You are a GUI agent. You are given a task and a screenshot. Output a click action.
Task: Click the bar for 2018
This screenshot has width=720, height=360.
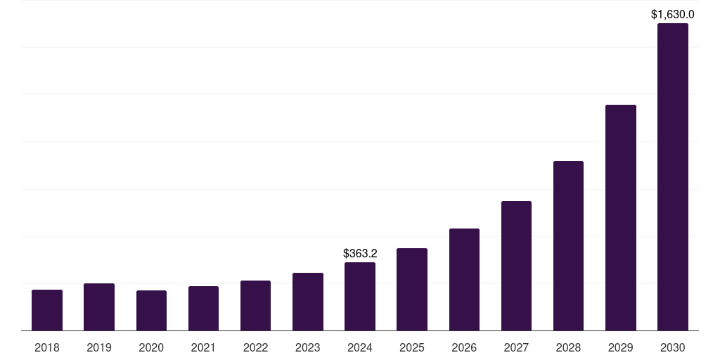(x=47, y=310)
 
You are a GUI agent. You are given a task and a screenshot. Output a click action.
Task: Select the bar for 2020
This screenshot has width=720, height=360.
(x=151, y=310)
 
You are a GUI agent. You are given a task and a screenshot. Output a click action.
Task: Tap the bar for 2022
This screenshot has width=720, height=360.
(x=255, y=305)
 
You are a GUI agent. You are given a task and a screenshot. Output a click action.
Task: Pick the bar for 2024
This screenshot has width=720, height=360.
(x=360, y=296)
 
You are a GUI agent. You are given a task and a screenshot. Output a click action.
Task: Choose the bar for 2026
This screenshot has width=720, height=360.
(x=464, y=279)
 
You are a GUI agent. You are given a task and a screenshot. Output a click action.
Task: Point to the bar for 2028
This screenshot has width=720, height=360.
(x=568, y=245)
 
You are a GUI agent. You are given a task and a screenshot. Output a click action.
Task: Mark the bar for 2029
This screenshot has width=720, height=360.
(x=621, y=217)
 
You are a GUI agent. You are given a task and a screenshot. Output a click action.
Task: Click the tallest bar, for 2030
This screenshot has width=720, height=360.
(x=673, y=176)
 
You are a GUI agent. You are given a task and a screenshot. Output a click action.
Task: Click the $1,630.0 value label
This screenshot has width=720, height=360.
(x=673, y=14)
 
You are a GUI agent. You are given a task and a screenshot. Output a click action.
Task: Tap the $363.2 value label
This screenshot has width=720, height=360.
(x=360, y=253)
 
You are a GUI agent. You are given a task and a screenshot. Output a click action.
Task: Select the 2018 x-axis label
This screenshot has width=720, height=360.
(x=47, y=347)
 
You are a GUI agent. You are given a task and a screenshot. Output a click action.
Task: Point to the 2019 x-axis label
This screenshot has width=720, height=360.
(x=99, y=347)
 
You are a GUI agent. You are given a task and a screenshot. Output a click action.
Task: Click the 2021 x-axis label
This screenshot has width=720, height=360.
(x=203, y=347)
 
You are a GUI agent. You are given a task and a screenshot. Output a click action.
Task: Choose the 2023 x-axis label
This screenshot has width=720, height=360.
(x=308, y=347)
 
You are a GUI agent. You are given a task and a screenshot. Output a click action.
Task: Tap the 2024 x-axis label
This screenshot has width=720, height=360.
(x=360, y=347)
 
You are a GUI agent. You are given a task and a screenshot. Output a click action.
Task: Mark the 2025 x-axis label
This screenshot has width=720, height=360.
(x=412, y=347)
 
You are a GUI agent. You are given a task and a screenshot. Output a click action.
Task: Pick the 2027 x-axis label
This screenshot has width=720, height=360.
(x=516, y=347)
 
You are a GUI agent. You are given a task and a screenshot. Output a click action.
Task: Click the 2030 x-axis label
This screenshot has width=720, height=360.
(x=673, y=347)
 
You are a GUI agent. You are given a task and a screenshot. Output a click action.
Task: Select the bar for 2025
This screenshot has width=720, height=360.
(x=412, y=289)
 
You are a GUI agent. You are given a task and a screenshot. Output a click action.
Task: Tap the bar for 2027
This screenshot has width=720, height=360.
(x=516, y=266)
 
